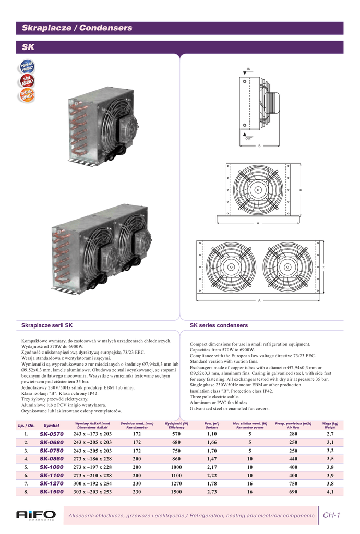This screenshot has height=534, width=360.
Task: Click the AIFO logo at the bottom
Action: [35, 515]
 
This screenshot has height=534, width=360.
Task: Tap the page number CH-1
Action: [331, 515]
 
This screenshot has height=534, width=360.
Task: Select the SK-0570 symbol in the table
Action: [52, 434]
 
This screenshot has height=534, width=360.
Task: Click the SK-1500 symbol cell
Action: [52, 491]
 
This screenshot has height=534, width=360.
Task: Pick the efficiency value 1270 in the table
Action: [176, 483]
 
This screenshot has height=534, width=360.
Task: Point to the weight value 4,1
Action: [330, 491]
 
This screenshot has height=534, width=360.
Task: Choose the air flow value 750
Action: [293, 483]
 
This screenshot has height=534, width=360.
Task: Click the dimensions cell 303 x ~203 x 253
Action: [92, 491]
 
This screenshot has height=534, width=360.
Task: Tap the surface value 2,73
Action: [212, 491]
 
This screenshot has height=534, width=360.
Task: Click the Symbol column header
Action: [52, 426]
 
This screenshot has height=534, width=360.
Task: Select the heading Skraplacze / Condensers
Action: [77, 28]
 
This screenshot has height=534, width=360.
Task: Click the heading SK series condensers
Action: [219, 325]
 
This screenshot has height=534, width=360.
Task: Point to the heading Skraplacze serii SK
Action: [47, 325]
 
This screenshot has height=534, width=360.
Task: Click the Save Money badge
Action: [27, 81]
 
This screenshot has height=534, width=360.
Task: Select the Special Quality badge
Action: [27, 95]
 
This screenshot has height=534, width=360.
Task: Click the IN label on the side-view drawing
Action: [249, 69]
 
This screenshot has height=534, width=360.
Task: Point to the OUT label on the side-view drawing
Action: [249, 138]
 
